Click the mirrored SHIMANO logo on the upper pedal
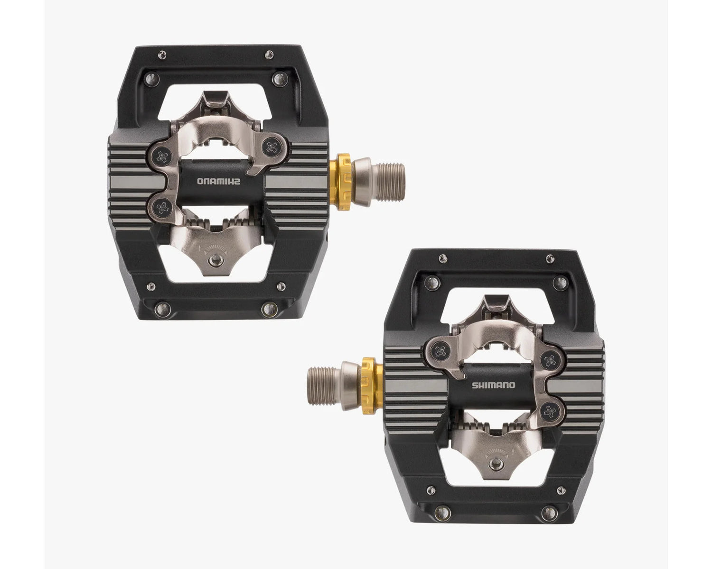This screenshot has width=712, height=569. (x=219, y=181)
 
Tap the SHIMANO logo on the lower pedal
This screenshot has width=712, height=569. (x=493, y=385)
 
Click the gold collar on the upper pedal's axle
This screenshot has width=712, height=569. (x=344, y=182)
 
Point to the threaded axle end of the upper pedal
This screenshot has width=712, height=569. (x=392, y=182)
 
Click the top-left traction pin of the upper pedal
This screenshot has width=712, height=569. (x=162, y=55)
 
